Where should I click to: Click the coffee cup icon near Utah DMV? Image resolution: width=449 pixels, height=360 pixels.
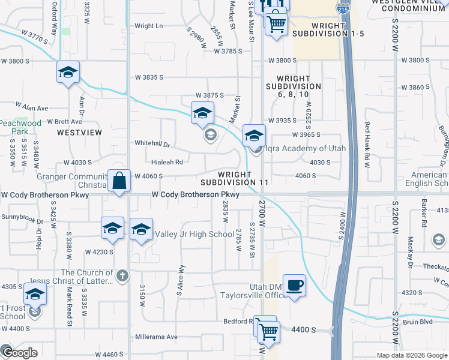pyautogui.click(x=294, y=285)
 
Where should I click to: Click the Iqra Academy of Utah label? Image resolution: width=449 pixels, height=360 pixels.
pyautogui.click(x=294, y=148)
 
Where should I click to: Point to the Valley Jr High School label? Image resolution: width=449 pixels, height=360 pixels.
pyautogui.click(x=194, y=234)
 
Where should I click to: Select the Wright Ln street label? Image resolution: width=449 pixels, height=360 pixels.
pyautogui.click(x=149, y=26)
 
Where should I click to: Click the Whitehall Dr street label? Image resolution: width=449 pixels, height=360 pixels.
pyautogui.click(x=153, y=144)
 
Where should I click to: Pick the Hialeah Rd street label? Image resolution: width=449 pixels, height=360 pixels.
pyautogui.click(x=167, y=161)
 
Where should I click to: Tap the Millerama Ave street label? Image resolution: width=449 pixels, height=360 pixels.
pyautogui.click(x=157, y=337)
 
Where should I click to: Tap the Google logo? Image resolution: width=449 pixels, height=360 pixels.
pyautogui.click(x=19, y=352)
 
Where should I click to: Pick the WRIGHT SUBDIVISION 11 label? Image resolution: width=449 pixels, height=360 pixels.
pyautogui.click(x=234, y=178)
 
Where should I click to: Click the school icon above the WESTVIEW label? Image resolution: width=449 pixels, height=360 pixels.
pyautogui.click(x=68, y=73)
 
